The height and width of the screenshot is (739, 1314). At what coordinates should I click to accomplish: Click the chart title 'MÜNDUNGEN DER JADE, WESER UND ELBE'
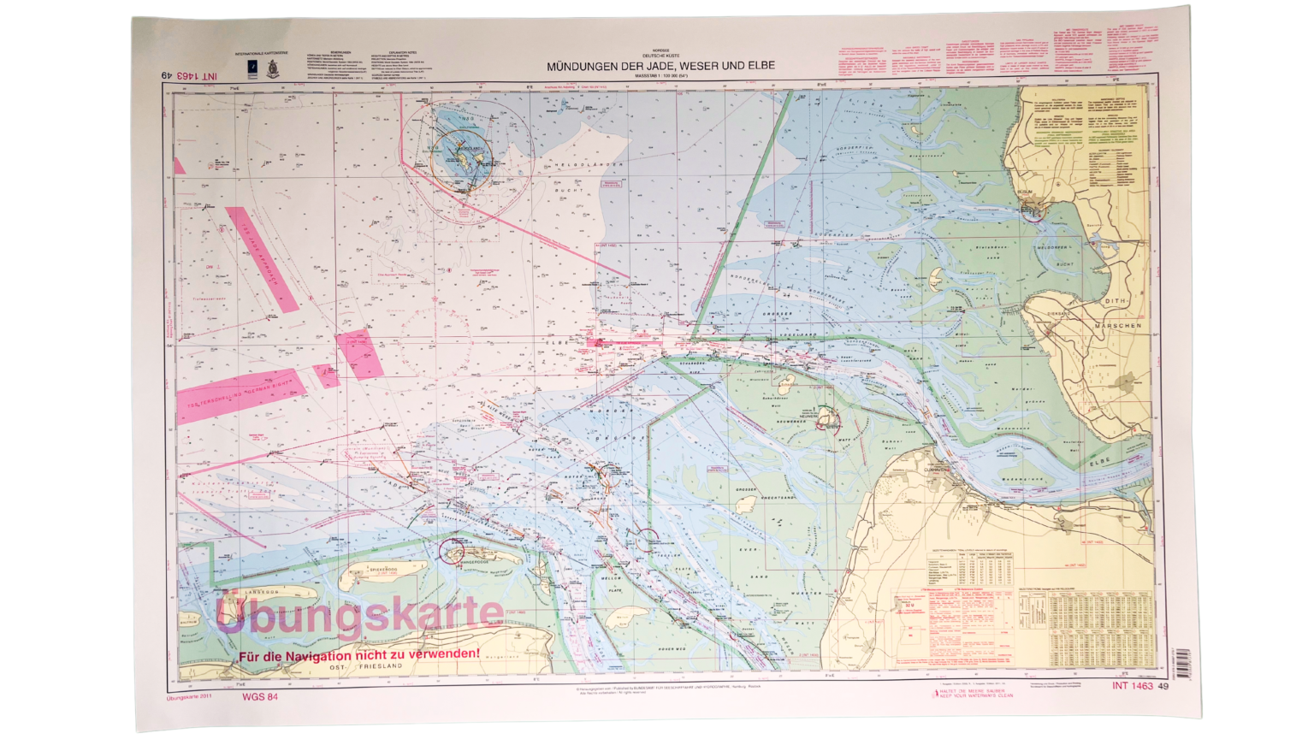tap(660, 66)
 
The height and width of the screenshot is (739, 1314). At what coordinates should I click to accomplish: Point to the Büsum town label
tap(1027, 192)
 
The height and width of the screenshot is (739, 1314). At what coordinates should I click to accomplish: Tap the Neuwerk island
tap(826, 418)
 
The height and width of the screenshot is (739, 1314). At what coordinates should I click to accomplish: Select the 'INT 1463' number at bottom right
tap(1133, 686)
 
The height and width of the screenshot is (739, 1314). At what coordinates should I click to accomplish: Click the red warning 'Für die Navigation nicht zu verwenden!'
tap(359, 654)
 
